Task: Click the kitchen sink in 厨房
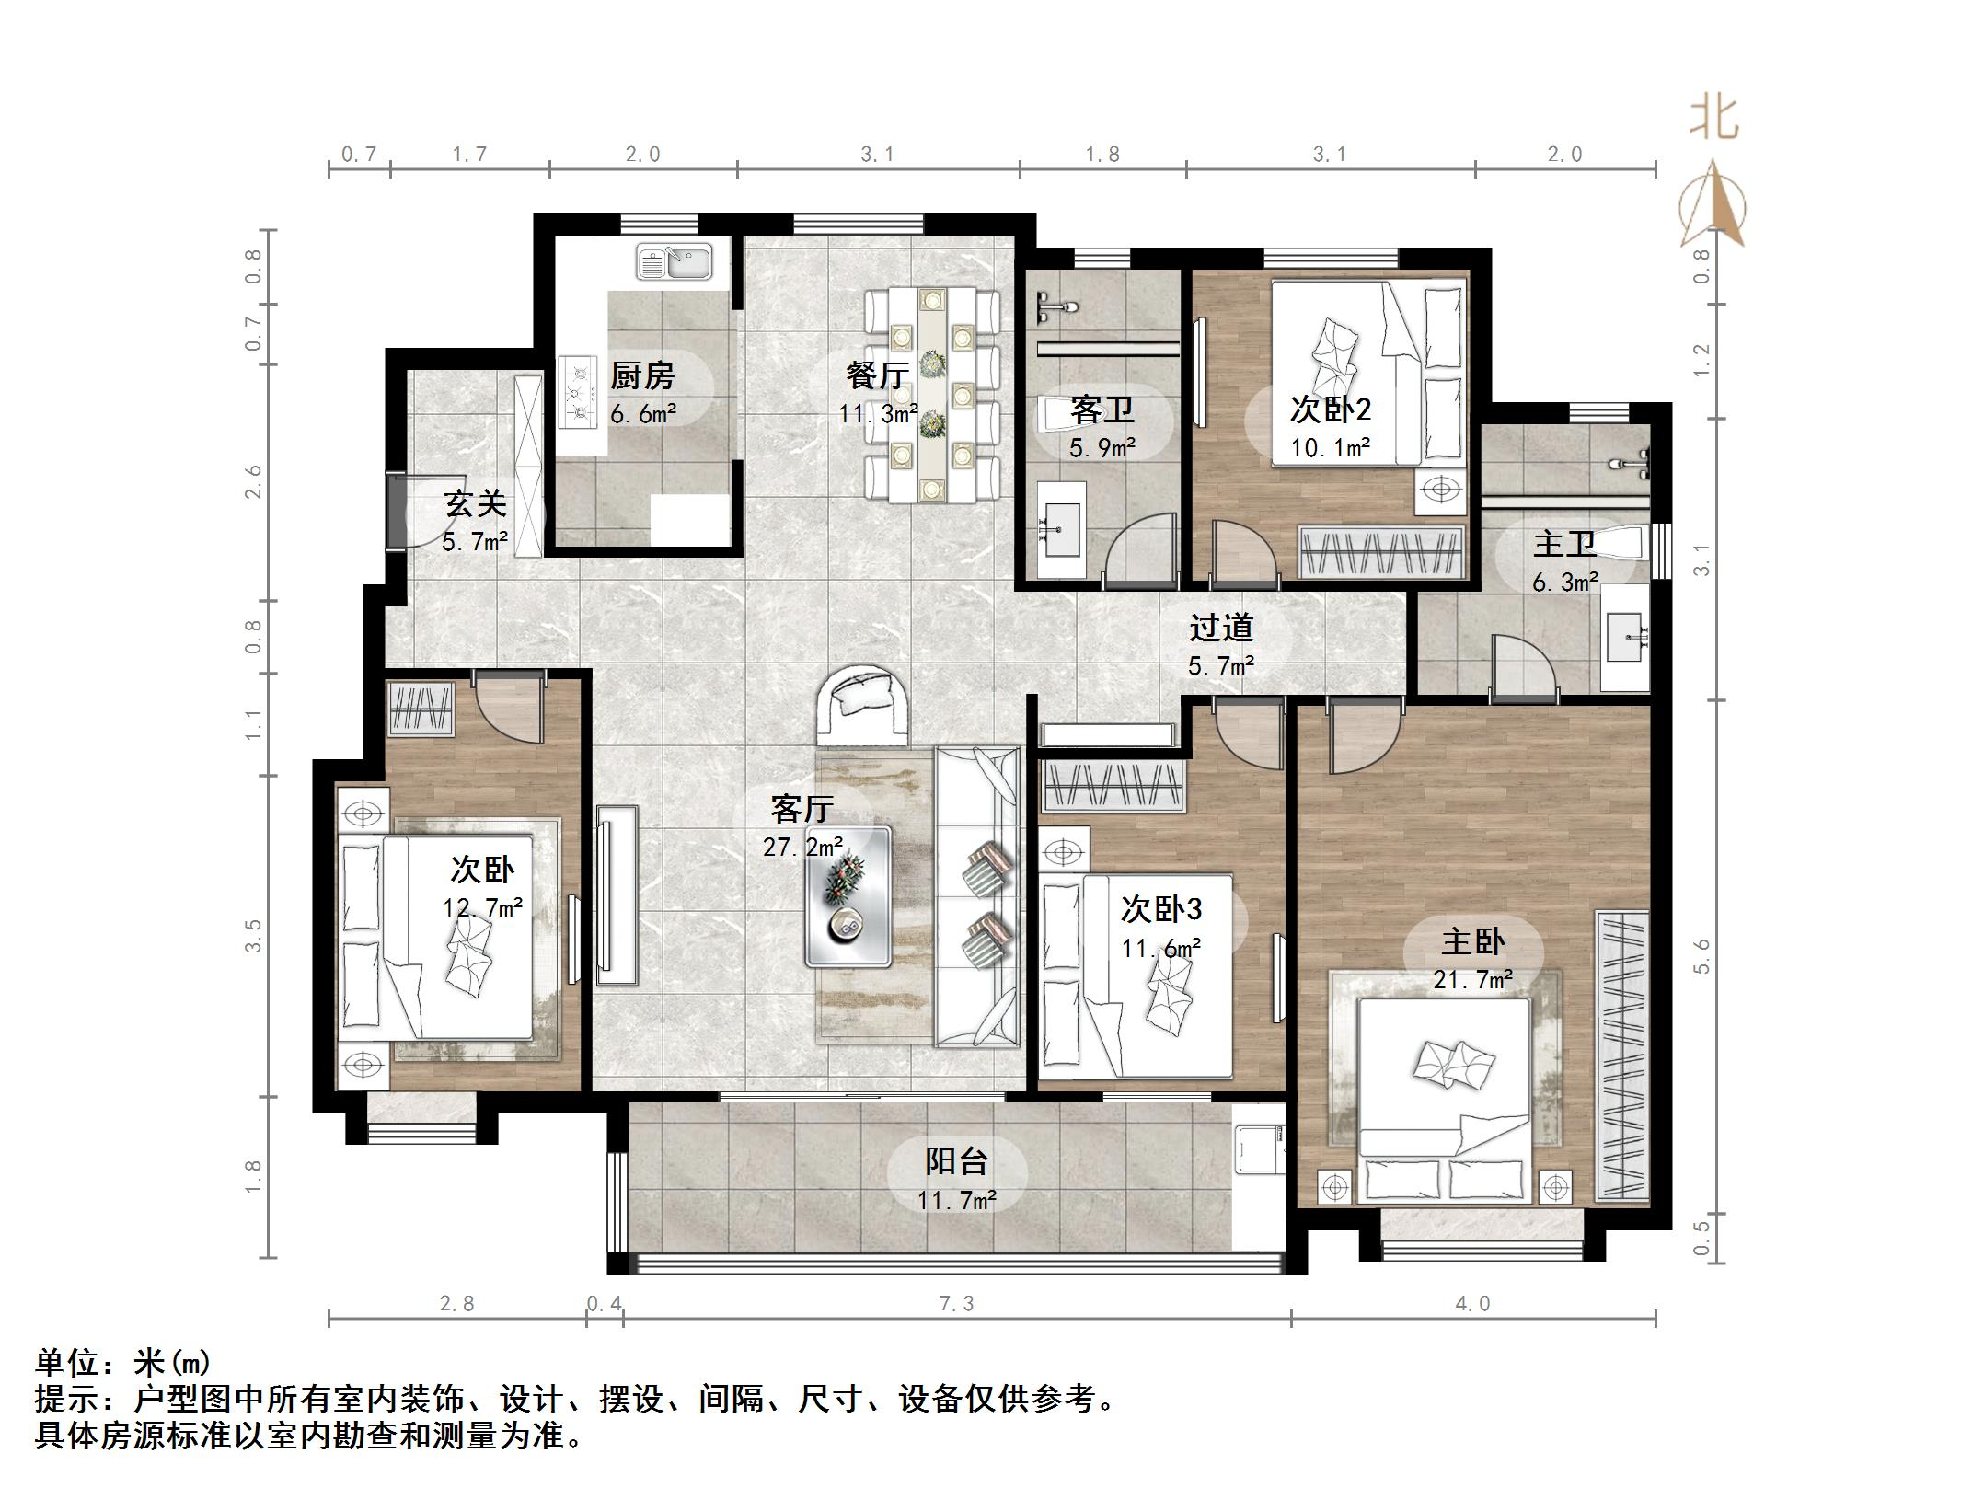(x=675, y=261)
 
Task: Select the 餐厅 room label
(x=878, y=375)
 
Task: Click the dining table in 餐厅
(x=932, y=395)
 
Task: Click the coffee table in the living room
(x=848, y=895)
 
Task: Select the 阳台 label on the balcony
(x=956, y=1161)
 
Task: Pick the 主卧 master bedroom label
(x=1472, y=941)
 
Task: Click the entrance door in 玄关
(x=396, y=511)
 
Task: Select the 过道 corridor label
(x=1220, y=628)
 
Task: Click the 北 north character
(x=1713, y=120)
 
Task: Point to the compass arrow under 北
(x=1713, y=207)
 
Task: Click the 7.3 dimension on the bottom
(x=956, y=1303)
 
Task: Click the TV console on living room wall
(x=616, y=888)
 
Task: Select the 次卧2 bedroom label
(x=1330, y=409)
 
